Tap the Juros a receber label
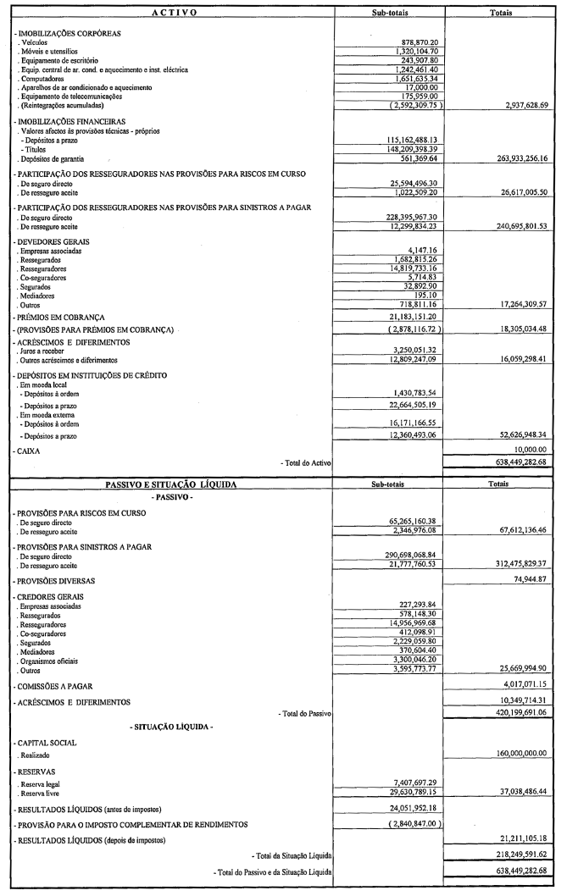42,350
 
